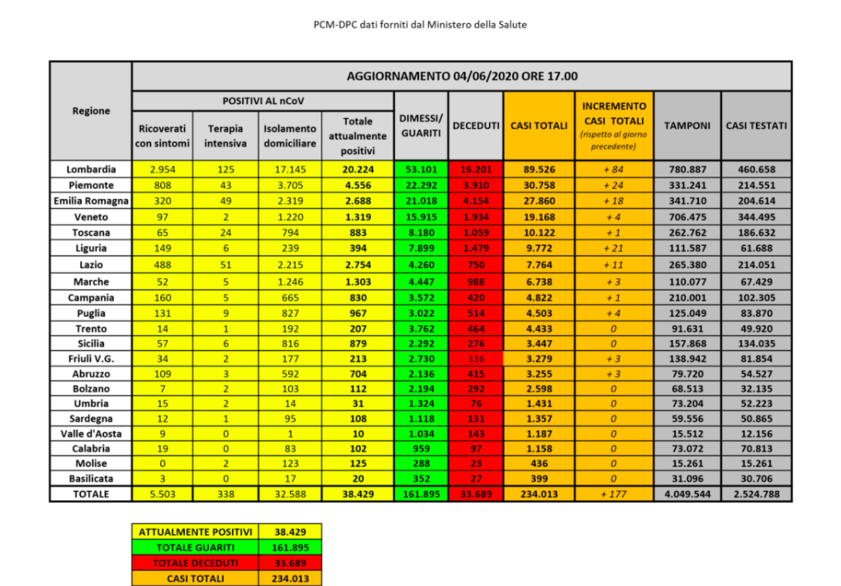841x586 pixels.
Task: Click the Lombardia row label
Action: point(91,169)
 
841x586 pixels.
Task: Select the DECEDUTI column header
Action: point(476,125)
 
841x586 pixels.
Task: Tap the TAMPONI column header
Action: point(687,125)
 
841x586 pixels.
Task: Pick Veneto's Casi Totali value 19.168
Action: point(538,217)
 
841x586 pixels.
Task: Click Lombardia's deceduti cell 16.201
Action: point(476,169)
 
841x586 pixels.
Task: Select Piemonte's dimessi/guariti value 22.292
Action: point(421,185)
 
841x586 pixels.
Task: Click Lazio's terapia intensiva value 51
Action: point(226,266)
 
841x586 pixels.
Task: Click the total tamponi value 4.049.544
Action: point(687,494)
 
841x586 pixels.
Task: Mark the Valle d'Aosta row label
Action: point(91,430)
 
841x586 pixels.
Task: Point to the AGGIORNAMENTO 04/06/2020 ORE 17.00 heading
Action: point(462,76)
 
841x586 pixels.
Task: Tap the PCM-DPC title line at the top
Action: point(420,25)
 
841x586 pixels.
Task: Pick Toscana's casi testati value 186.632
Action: point(756,234)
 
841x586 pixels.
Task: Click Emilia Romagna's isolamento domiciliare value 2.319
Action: point(289,201)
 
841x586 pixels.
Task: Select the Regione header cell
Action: point(91,111)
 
